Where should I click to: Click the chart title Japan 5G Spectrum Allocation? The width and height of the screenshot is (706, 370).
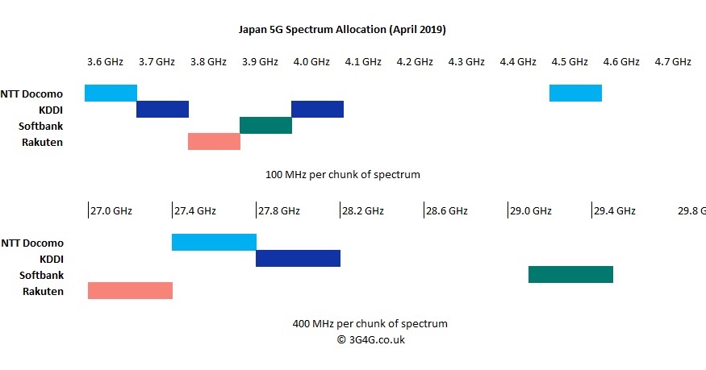pyautogui.click(x=342, y=29)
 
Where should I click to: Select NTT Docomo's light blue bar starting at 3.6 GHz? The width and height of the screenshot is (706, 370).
pyautogui.click(x=111, y=93)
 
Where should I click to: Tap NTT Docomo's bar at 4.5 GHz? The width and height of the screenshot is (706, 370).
pyautogui.click(x=575, y=93)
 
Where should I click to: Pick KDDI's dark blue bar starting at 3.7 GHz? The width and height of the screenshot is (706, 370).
pyautogui.click(x=162, y=109)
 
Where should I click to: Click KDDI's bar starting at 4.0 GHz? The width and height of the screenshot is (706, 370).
pyautogui.click(x=317, y=109)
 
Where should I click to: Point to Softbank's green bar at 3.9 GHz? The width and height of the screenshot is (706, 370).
pyautogui.click(x=265, y=125)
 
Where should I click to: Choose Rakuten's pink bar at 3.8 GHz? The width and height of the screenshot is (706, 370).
pyautogui.click(x=214, y=141)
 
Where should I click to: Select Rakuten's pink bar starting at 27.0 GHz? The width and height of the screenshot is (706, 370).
pyautogui.click(x=130, y=290)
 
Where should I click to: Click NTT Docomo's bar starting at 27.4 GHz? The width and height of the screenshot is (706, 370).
pyautogui.click(x=214, y=242)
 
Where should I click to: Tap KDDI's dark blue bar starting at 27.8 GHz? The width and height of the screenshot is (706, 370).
pyautogui.click(x=298, y=258)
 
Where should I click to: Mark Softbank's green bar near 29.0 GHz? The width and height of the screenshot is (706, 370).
pyautogui.click(x=570, y=274)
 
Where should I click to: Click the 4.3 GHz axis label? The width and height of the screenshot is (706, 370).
pyautogui.click(x=466, y=61)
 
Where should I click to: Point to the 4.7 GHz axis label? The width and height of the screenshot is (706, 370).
pyautogui.click(x=672, y=61)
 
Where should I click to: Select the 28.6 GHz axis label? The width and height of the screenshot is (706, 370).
pyautogui.click(x=447, y=211)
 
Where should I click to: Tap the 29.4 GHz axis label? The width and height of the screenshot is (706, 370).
pyautogui.click(x=615, y=211)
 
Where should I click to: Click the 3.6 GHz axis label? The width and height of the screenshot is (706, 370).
pyautogui.click(x=105, y=61)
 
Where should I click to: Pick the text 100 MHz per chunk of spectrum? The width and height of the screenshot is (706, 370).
pyautogui.click(x=342, y=174)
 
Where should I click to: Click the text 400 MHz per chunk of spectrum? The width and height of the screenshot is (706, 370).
pyautogui.click(x=370, y=323)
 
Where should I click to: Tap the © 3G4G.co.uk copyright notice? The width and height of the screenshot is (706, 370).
pyautogui.click(x=370, y=339)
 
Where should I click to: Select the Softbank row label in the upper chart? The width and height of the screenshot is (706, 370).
pyautogui.click(x=40, y=126)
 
